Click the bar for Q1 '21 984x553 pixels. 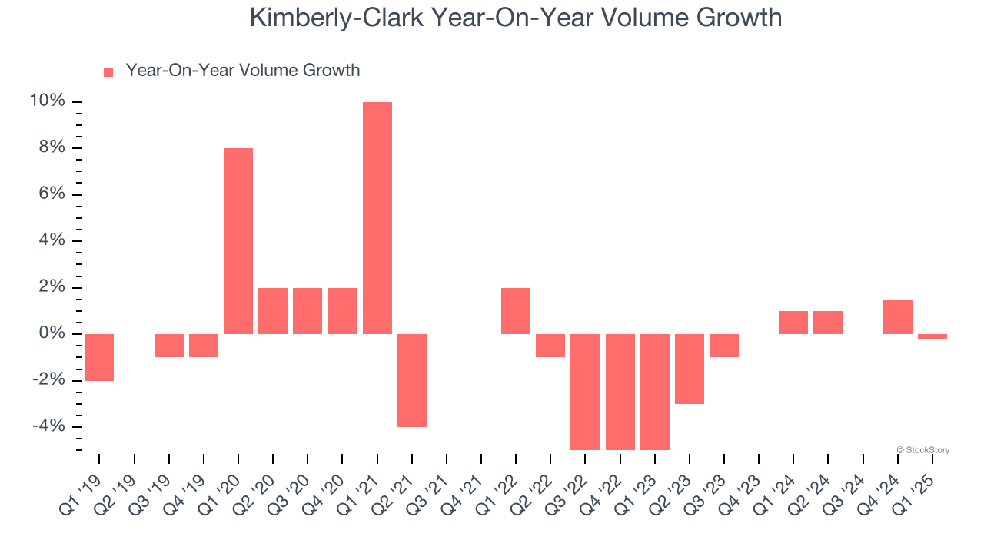(x=377, y=218)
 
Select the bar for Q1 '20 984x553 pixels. (x=238, y=241)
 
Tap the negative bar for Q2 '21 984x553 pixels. (x=412, y=380)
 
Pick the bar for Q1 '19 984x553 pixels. (x=99, y=357)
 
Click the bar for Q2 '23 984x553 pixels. (x=690, y=369)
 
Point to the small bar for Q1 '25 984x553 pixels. (x=932, y=336)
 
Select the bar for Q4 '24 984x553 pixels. (x=898, y=316)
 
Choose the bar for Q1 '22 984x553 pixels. (x=516, y=311)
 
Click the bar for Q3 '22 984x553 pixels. (x=585, y=392)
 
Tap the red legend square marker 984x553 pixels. (x=108, y=71)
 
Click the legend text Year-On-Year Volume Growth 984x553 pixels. (x=243, y=71)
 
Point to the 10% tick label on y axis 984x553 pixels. (x=48, y=101)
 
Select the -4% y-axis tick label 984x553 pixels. (x=48, y=427)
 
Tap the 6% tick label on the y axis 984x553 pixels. (x=52, y=194)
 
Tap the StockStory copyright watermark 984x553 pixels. (x=922, y=450)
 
